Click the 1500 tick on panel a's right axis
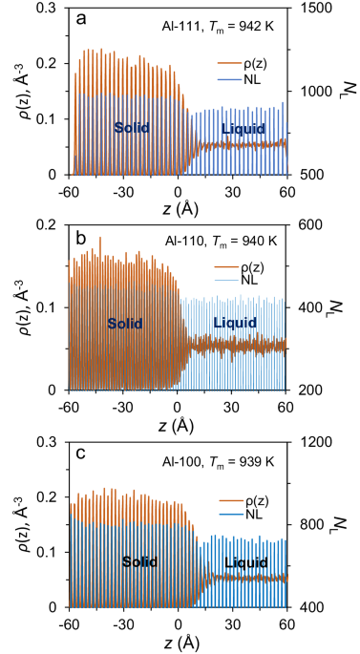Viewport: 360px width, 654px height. [311, 9]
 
